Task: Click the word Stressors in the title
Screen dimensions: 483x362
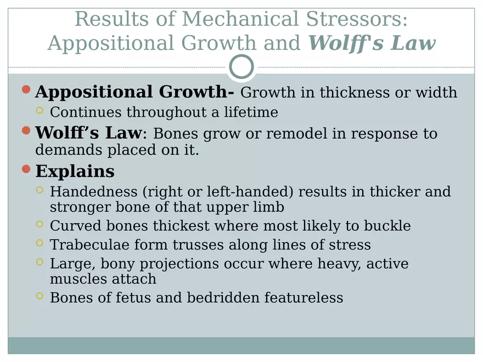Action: coord(357,19)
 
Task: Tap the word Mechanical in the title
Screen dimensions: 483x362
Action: coord(240,19)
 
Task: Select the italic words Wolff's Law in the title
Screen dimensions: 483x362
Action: coord(372,43)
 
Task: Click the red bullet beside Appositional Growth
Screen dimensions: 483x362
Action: coord(26,89)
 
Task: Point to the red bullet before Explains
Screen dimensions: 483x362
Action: coord(26,169)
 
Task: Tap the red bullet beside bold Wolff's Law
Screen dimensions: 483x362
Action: coord(26,130)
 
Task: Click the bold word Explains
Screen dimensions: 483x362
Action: coord(75,172)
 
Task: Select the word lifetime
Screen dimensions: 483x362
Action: coord(251,112)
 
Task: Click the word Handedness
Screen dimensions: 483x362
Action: coord(94,191)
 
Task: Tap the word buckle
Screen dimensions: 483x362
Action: coord(387,225)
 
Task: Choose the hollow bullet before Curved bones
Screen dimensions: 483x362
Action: coord(40,224)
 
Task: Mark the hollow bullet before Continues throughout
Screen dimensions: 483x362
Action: coord(40,110)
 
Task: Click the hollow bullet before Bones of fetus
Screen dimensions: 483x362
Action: coord(40,296)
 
